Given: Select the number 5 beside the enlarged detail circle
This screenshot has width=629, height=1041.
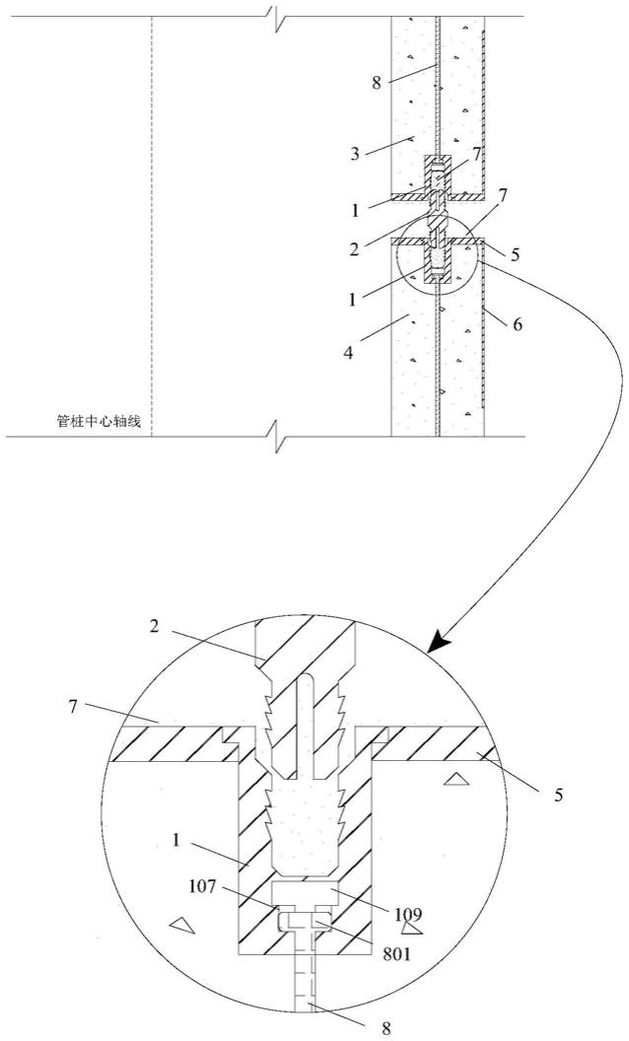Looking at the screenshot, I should coord(559,794).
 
